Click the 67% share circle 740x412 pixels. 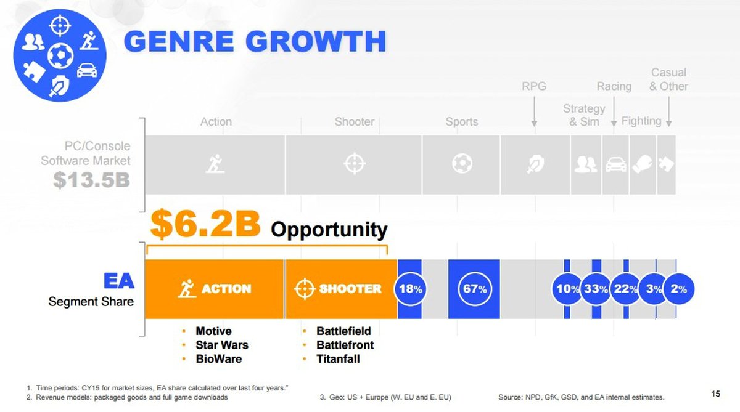[x=475, y=289]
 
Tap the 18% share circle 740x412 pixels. [x=410, y=289]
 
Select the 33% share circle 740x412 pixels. [x=596, y=289]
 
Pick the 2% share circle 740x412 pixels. [x=678, y=289]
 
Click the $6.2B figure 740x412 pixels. [x=205, y=224]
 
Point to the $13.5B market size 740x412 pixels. [x=91, y=180]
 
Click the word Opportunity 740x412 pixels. [x=329, y=230]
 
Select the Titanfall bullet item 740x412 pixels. [x=338, y=359]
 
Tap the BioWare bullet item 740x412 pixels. [x=219, y=359]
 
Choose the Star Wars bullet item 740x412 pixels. [x=222, y=345]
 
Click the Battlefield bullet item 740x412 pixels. [x=343, y=331]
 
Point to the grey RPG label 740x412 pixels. [x=534, y=86]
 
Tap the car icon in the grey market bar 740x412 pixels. [x=615, y=164]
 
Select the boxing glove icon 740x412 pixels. [x=643, y=164]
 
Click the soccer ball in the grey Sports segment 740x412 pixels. [x=462, y=163]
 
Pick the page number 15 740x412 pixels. [x=715, y=394]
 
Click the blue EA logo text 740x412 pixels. [x=119, y=281]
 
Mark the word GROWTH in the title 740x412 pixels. [x=316, y=41]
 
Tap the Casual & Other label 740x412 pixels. [x=668, y=79]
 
